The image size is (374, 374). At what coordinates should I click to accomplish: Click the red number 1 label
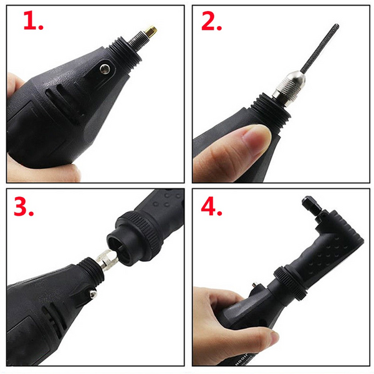[x=33, y=21]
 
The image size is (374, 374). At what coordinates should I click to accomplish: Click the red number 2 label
[x=211, y=21]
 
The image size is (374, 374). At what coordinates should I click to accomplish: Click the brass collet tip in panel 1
[x=151, y=31]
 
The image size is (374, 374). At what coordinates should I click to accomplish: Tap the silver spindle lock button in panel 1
[x=105, y=69]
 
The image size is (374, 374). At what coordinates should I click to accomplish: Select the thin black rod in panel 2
[x=319, y=48]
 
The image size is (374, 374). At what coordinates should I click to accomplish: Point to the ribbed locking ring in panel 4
[x=290, y=284]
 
